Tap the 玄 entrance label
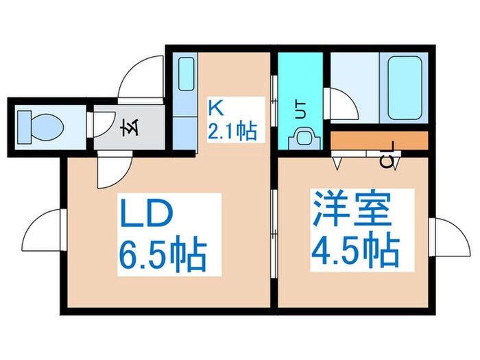128,128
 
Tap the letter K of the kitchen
215,108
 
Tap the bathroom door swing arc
341,104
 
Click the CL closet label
387,162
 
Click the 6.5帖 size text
163,255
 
